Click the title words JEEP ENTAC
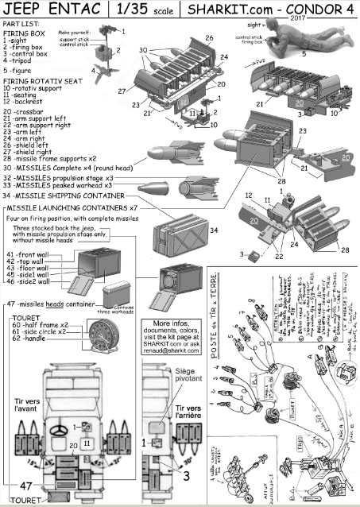[x=50, y=10]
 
